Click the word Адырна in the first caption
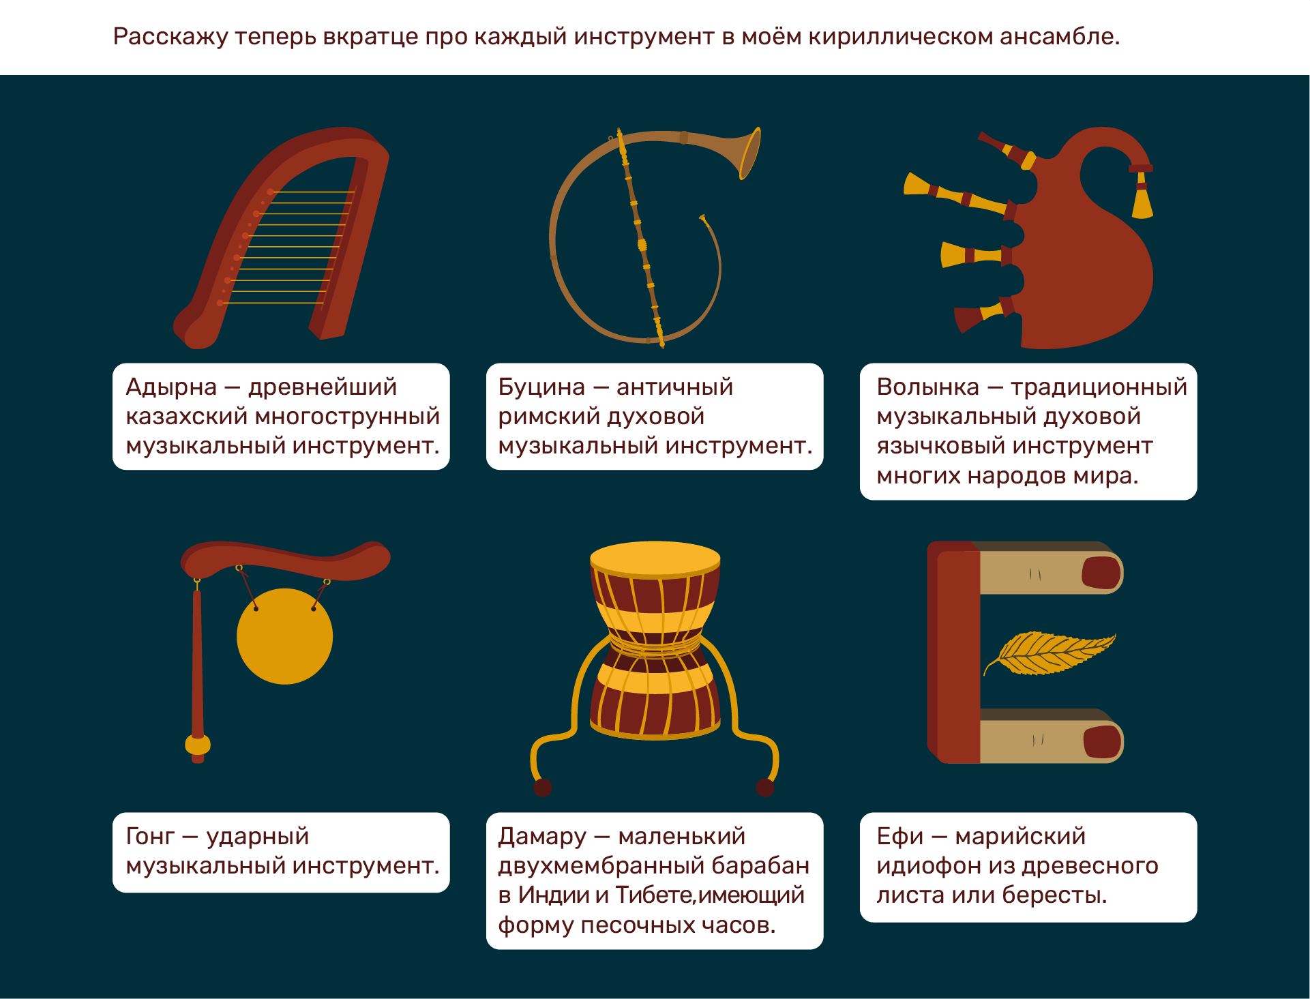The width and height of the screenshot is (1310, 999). coord(171,387)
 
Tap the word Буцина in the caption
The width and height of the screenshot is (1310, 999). coord(541,387)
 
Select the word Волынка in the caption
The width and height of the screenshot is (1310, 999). coord(927,387)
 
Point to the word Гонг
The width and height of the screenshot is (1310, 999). coord(150,836)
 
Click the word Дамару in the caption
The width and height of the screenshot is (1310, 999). coord(542,837)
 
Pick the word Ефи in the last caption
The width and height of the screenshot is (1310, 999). coord(899,837)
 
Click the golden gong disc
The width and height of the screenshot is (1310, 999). coord(285,636)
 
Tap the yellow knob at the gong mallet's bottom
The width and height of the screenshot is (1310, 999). coord(198,745)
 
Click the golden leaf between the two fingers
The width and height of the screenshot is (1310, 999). coord(1049,653)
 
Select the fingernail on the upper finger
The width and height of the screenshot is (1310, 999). coord(1101,573)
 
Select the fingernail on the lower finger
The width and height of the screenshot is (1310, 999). coord(1101,742)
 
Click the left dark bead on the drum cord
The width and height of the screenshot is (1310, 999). coord(543,788)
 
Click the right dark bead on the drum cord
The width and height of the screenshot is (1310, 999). coord(765,788)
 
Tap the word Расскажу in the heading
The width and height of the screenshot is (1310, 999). coord(170,36)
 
